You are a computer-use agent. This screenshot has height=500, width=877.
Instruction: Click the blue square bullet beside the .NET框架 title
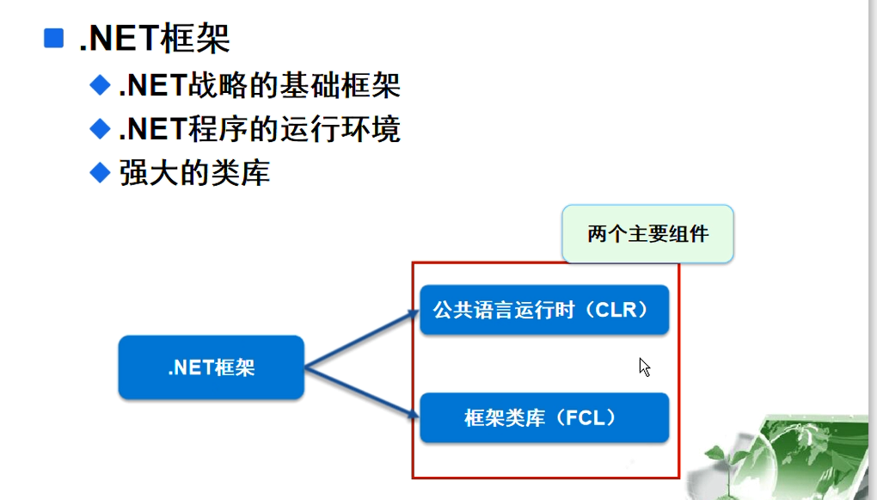(x=54, y=38)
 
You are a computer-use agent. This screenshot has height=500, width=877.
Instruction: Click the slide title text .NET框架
(x=155, y=38)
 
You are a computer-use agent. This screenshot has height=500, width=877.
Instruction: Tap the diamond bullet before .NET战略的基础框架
(x=101, y=84)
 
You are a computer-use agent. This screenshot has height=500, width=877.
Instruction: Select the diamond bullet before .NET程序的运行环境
(x=101, y=128)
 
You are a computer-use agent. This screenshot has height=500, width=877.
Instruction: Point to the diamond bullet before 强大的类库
(x=101, y=172)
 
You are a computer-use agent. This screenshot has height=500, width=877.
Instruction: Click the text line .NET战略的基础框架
(x=259, y=85)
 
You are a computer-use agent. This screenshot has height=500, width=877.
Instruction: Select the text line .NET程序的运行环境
(x=259, y=129)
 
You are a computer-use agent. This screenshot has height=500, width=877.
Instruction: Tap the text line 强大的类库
(x=194, y=173)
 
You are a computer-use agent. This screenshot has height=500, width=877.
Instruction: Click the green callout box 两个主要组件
(x=647, y=233)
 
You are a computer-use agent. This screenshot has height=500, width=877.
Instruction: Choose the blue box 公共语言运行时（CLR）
(x=543, y=310)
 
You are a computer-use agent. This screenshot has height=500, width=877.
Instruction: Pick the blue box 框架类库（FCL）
(x=543, y=418)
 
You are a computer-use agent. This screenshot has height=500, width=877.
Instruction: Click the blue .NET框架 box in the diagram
(x=212, y=367)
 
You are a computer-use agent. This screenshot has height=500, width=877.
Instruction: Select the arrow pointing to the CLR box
(x=361, y=338)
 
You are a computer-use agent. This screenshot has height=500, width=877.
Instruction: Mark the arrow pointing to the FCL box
(x=361, y=396)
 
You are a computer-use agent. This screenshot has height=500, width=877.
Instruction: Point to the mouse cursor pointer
(x=644, y=367)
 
